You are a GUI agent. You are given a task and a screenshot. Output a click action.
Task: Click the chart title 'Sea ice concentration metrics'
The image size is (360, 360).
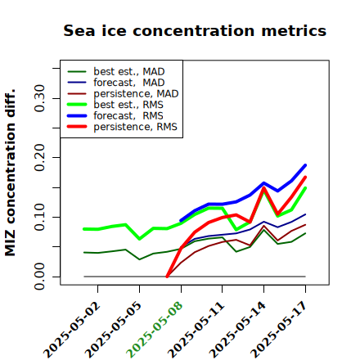pos(195,30)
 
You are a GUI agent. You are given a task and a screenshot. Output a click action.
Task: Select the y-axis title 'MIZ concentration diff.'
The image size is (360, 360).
pos(10,173)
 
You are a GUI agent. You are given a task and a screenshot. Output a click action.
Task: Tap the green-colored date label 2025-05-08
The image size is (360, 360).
pos(155,330)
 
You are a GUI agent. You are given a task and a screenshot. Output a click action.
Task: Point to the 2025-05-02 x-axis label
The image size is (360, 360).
pos(71,330)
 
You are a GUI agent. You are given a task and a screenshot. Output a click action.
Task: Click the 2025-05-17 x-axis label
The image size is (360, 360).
pos(279,330)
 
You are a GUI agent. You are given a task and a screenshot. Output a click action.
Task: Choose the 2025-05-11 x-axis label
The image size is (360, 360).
pos(196,330)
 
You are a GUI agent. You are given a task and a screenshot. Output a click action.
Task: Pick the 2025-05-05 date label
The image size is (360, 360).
pos(113,330)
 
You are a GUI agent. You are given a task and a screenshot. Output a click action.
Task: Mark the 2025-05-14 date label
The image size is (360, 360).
pos(237,330)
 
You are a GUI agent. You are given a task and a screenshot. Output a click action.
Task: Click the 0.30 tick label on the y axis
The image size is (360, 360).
pos(39,98)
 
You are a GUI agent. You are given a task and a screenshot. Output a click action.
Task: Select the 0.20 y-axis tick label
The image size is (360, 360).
pos(39,158)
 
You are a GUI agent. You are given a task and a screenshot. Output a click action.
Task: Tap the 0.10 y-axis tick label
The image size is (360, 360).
pos(39,217)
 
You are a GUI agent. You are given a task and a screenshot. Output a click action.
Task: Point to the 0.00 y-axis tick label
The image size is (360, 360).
pos(39,277)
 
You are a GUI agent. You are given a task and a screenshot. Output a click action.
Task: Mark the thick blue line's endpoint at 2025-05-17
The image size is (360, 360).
pos(305,165)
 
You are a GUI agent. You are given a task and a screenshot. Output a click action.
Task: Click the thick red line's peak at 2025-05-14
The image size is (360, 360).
pos(263,187)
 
